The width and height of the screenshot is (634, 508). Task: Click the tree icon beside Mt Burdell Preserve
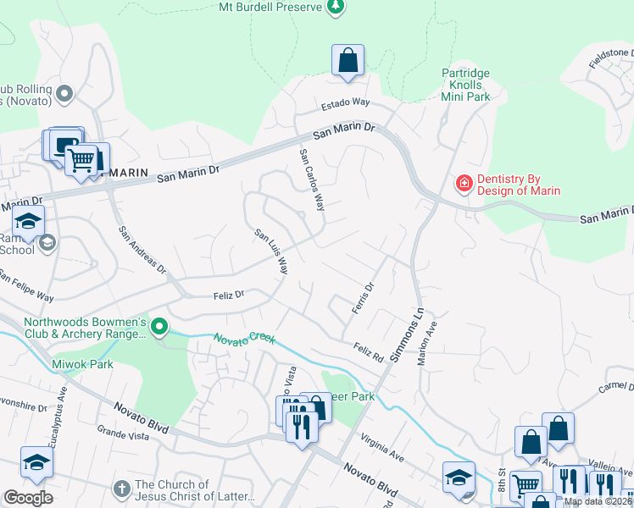[336, 8]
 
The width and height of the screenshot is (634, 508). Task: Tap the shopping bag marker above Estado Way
[348, 61]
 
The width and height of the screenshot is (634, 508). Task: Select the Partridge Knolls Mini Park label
[466, 86]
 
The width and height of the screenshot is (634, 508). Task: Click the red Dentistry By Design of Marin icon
[464, 183]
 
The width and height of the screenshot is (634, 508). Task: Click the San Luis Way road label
[271, 251]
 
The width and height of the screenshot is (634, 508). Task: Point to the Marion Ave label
[427, 342]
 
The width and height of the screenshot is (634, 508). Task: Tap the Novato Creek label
[244, 338]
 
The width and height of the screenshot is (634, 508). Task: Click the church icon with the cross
[122, 490]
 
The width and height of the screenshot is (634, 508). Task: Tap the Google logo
[28, 498]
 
